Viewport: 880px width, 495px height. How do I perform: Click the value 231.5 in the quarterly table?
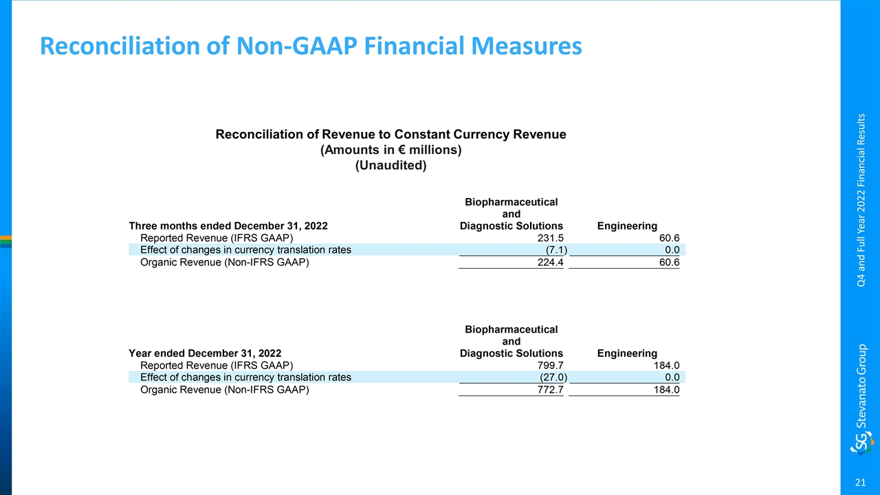[551, 238]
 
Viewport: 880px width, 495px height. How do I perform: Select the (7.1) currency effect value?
[556, 250]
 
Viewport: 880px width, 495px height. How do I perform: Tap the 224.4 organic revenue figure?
[551, 263]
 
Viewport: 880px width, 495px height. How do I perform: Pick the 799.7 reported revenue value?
[551, 365]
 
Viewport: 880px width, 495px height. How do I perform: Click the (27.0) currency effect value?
[553, 377]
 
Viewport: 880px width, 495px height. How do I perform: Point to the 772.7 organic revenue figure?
[551, 390]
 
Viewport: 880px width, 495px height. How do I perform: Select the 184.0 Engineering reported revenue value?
[667, 365]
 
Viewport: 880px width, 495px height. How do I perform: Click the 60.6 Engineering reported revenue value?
[670, 238]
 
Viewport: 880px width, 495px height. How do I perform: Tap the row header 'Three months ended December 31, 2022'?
[228, 226]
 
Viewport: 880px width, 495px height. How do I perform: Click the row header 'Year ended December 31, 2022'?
[205, 353]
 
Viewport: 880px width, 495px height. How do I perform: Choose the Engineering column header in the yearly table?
[627, 353]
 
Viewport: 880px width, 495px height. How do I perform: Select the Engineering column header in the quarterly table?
[627, 226]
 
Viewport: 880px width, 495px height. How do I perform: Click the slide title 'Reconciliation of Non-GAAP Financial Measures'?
[311, 46]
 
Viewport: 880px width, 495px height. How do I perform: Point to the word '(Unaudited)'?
[391, 166]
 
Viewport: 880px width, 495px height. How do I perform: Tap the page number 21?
[860, 483]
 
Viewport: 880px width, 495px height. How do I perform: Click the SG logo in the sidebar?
[862, 443]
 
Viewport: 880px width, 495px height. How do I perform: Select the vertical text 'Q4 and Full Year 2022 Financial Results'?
[861, 200]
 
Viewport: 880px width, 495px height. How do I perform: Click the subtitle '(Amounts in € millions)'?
[391, 150]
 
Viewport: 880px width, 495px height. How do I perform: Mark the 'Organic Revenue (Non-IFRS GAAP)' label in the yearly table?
[225, 390]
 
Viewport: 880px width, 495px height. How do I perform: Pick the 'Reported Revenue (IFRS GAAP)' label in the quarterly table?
[217, 238]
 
